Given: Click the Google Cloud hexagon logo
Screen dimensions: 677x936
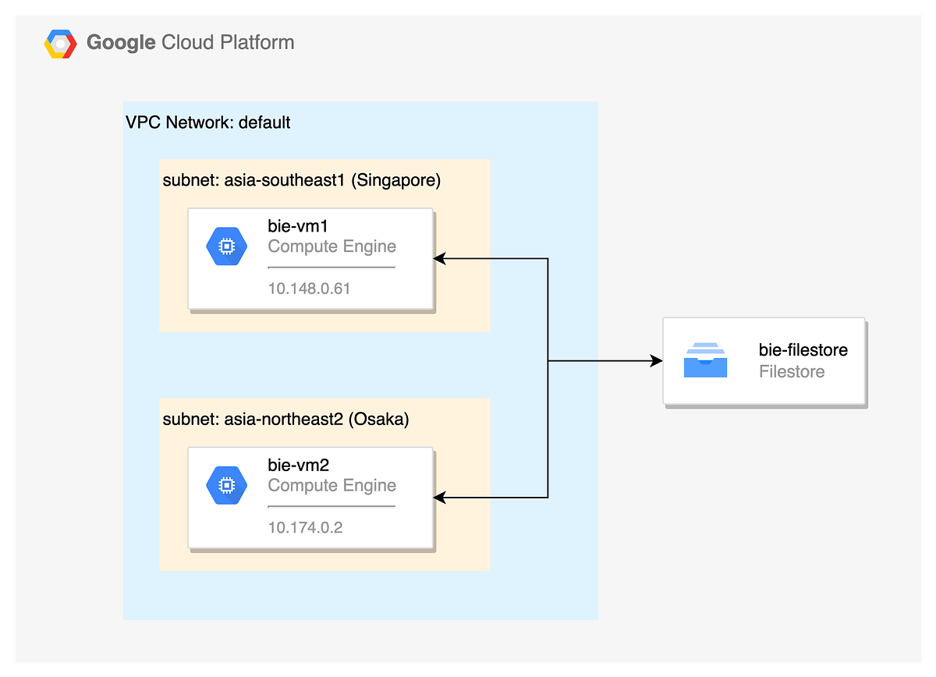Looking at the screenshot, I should (x=60, y=43).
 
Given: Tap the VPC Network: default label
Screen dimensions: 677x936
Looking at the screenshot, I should (x=208, y=122).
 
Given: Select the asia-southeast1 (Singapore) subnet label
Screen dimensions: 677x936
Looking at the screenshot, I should (x=301, y=181).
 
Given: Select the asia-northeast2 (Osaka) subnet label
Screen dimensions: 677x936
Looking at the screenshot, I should (x=285, y=420).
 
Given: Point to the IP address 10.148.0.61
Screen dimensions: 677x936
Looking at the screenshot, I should (x=309, y=289).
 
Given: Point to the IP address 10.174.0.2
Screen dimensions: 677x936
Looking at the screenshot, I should (x=305, y=527).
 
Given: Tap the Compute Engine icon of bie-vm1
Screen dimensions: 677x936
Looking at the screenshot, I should (x=226, y=246).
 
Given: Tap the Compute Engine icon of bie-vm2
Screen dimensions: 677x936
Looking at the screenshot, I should (x=226, y=485).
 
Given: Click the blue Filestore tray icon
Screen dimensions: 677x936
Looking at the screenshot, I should (x=705, y=360).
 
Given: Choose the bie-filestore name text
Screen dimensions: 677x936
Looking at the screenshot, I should (x=803, y=350).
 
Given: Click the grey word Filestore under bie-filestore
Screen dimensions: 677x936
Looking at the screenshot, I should (x=791, y=371).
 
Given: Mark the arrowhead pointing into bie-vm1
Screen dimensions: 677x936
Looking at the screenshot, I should (x=439, y=258).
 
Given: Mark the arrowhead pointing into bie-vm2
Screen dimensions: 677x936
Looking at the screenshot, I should (x=439, y=497).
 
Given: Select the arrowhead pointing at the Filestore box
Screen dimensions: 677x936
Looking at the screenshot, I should (x=657, y=361).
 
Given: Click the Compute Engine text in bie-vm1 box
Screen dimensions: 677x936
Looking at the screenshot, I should (x=331, y=246).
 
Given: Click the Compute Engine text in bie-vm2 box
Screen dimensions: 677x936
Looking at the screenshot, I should (x=331, y=485).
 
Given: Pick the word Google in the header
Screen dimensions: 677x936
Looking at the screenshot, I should (x=121, y=42).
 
